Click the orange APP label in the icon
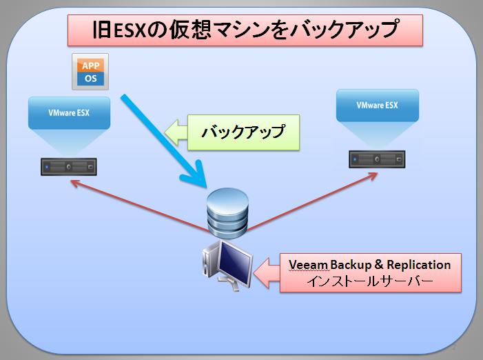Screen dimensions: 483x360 [x=90, y=66]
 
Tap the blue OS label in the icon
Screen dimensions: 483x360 [x=90, y=79]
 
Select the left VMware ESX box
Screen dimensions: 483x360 [x=70, y=113]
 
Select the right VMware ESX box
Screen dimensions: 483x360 [x=378, y=106]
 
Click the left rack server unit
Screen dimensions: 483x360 [x=69, y=167]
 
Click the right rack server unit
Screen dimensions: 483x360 [x=377, y=159]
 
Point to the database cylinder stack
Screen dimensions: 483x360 [x=227, y=212]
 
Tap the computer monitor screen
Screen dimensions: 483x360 [x=235, y=263]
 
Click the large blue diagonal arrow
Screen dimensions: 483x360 [x=164, y=141]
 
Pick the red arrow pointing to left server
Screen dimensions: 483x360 [x=140, y=206]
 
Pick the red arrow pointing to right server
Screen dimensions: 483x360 [x=312, y=201]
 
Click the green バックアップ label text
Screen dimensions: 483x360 [x=243, y=132]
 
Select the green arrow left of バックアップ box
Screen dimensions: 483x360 [x=176, y=132]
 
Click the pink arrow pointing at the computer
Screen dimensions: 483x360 [x=267, y=273]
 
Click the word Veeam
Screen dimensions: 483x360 [x=309, y=265]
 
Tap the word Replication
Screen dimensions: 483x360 [x=419, y=265]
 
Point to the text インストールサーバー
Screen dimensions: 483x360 [x=370, y=281]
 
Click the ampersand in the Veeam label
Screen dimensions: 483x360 [x=379, y=265]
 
